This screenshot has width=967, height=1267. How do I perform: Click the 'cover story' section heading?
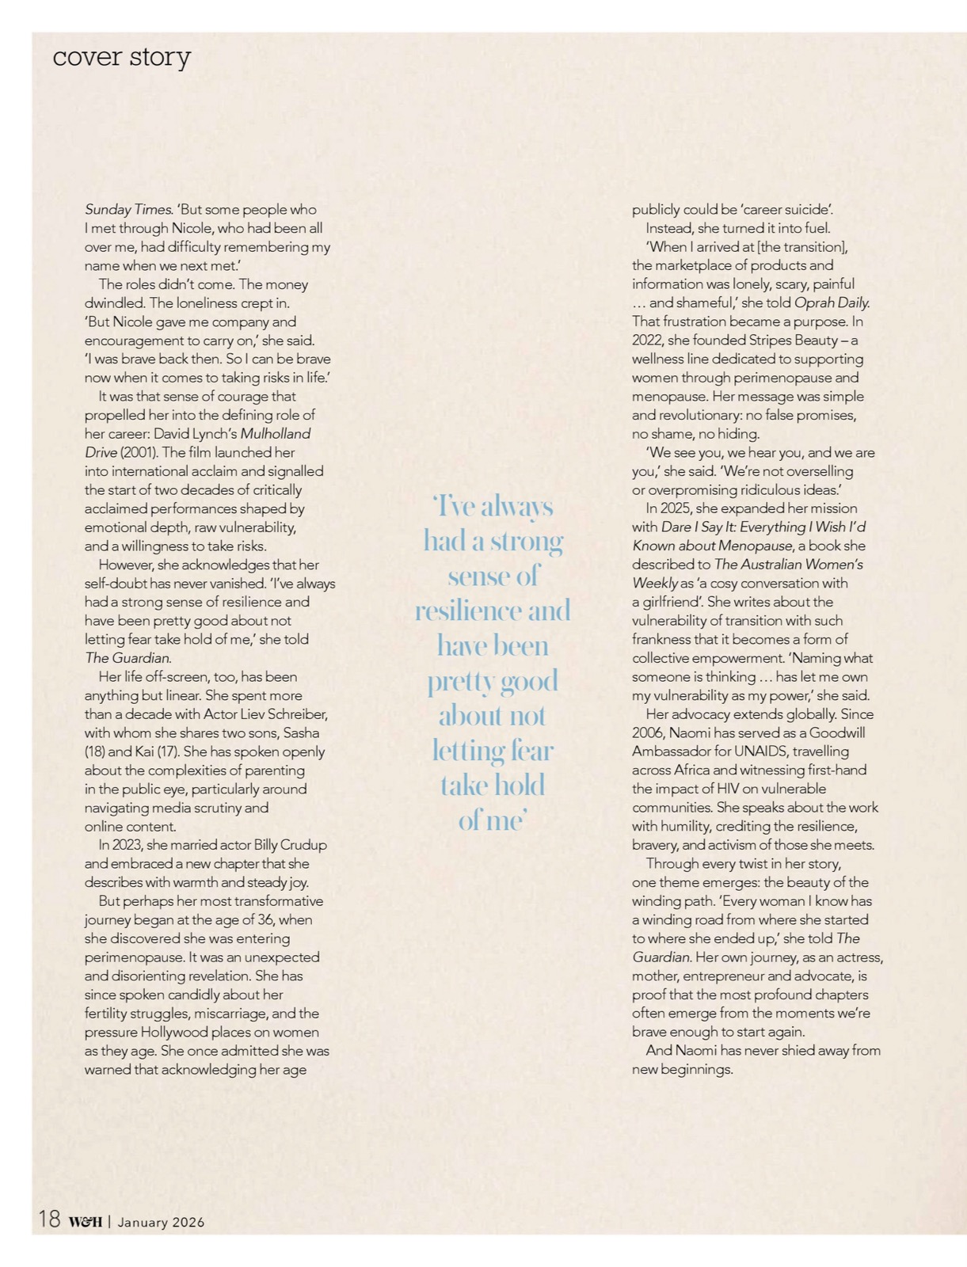click(x=121, y=57)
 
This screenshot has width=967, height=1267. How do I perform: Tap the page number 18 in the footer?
click(x=48, y=1219)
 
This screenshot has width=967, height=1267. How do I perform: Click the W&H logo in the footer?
click(x=86, y=1222)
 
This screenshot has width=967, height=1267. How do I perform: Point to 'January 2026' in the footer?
click(x=161, y=1222)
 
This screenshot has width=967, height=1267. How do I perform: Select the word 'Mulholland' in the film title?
click(x=276, y=434)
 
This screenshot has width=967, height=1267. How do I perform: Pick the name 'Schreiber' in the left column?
click(x=295, y=714)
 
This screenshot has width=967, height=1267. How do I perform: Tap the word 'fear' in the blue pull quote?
click(x=528, y=750)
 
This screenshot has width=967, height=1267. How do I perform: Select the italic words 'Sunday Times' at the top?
click(x=128, y=210)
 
